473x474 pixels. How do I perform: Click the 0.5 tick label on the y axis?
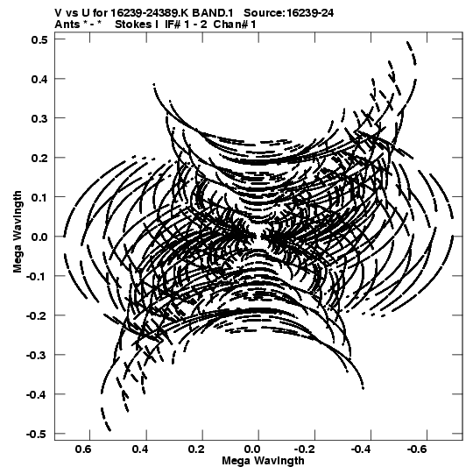click(x=39, y=39)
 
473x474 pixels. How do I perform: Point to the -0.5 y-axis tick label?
click(x=37, y=434)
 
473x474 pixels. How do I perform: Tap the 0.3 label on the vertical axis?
click(x=39, y=118)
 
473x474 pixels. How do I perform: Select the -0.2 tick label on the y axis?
click(x=37, y=315)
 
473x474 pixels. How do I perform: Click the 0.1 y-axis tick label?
click(x=39, y=197)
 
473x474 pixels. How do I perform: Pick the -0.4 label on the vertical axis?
click(x=37, y=394)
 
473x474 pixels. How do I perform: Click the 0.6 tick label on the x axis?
click(x=83, y=449)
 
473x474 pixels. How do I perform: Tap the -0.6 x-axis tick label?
click(x=416, y=449)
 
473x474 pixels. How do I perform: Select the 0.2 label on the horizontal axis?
click(x=196, y=449)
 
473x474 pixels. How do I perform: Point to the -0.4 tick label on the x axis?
click(x=361, y=449)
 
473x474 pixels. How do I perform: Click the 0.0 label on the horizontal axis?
click(x=252, y=449)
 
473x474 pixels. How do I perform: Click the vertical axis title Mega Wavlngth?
click(x=18, y=231)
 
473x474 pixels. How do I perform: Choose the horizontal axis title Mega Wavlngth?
click(x=263, y=461)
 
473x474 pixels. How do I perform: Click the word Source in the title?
click(x=263, y=13)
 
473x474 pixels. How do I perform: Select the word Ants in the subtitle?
click(x=67, y=25)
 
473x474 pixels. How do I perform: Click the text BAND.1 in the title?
click(x=213, y=13)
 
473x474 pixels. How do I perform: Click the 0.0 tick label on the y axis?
click(x=39, y=237)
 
